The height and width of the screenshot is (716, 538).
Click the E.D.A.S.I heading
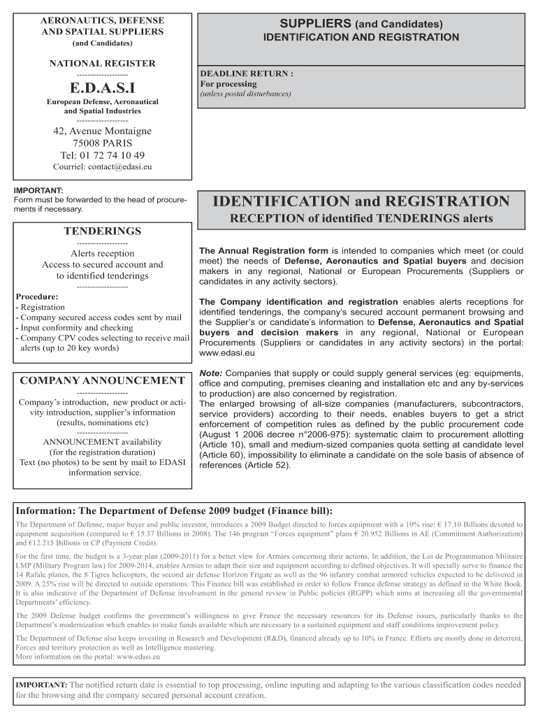click(102, 87)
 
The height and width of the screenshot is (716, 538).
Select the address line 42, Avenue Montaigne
click(103, 131)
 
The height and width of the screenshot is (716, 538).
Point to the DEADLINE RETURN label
click(247, 73)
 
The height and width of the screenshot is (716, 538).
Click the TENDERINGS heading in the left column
click(103, 231)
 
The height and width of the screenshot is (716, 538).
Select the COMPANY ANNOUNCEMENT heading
click(102, 381)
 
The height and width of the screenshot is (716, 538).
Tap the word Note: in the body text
click(211, 373)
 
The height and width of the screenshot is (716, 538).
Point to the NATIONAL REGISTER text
click(102, 64)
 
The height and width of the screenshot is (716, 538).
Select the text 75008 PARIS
click(103, 143)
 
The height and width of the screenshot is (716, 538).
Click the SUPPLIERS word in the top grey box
click(316, 24)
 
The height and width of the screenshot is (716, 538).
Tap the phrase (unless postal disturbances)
click(245, 94)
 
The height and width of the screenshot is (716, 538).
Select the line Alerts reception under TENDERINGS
click(103, 253)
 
